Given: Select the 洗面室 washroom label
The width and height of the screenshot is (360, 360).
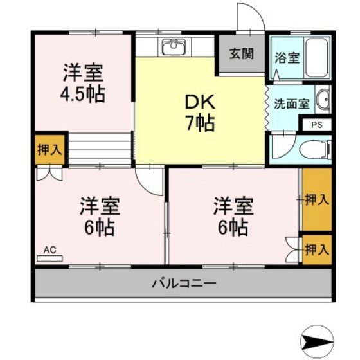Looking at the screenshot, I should pos(292,103).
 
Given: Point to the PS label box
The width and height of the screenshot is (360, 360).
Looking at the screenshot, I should pos(318,125).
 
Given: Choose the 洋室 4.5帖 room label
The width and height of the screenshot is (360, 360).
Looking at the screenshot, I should pos(82,82).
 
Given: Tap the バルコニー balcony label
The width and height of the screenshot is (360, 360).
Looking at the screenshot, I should pos(184,283).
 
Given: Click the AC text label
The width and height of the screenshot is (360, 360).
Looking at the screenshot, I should pos(50,248).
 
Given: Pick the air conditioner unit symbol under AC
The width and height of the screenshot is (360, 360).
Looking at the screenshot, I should pos(50,258).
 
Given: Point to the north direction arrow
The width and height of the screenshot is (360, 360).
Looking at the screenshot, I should pos(319,339).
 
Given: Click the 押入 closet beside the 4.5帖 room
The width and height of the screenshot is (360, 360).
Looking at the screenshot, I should pos(50,150).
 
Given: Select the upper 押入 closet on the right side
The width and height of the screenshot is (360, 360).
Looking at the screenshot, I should pos(316,200).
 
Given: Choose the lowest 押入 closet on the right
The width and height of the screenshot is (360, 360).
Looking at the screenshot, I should pos(316,249).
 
